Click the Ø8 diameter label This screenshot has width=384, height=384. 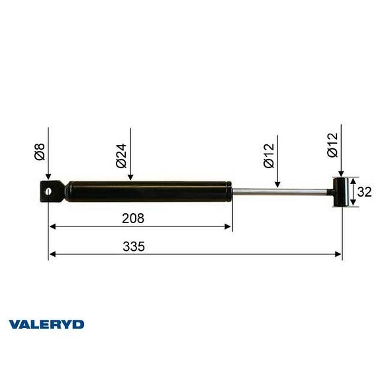point(40,156)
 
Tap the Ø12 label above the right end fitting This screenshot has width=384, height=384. point(332,144)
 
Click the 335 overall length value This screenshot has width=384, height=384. point(134,246)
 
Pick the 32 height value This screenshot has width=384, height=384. point(365,192)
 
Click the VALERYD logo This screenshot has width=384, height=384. point(46,324)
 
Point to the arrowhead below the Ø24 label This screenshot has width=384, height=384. point(130,177)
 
